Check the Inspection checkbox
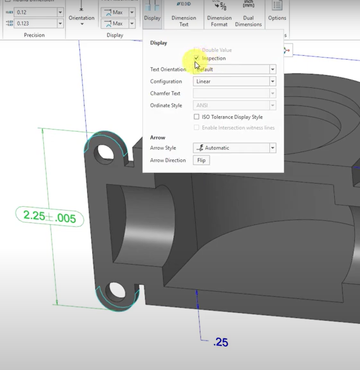pos(197,58)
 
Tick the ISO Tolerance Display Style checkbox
pos(197,117)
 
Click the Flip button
pos(201,160)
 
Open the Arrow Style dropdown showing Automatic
pos(234,148)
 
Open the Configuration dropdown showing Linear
pos(234,81)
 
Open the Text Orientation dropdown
pos(234,69)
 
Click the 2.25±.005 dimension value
pos(49,217)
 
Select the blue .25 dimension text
pos(221,342)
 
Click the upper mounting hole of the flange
pos(103,151)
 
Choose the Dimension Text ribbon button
pos(184,15)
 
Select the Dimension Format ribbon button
pos(219,15)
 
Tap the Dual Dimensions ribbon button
pos(248,15)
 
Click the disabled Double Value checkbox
pos(197,50)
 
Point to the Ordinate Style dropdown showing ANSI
pos(234,105)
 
